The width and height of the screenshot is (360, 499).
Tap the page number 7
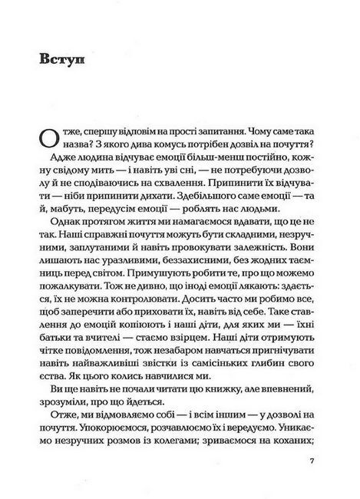click(x=311, y=461)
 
